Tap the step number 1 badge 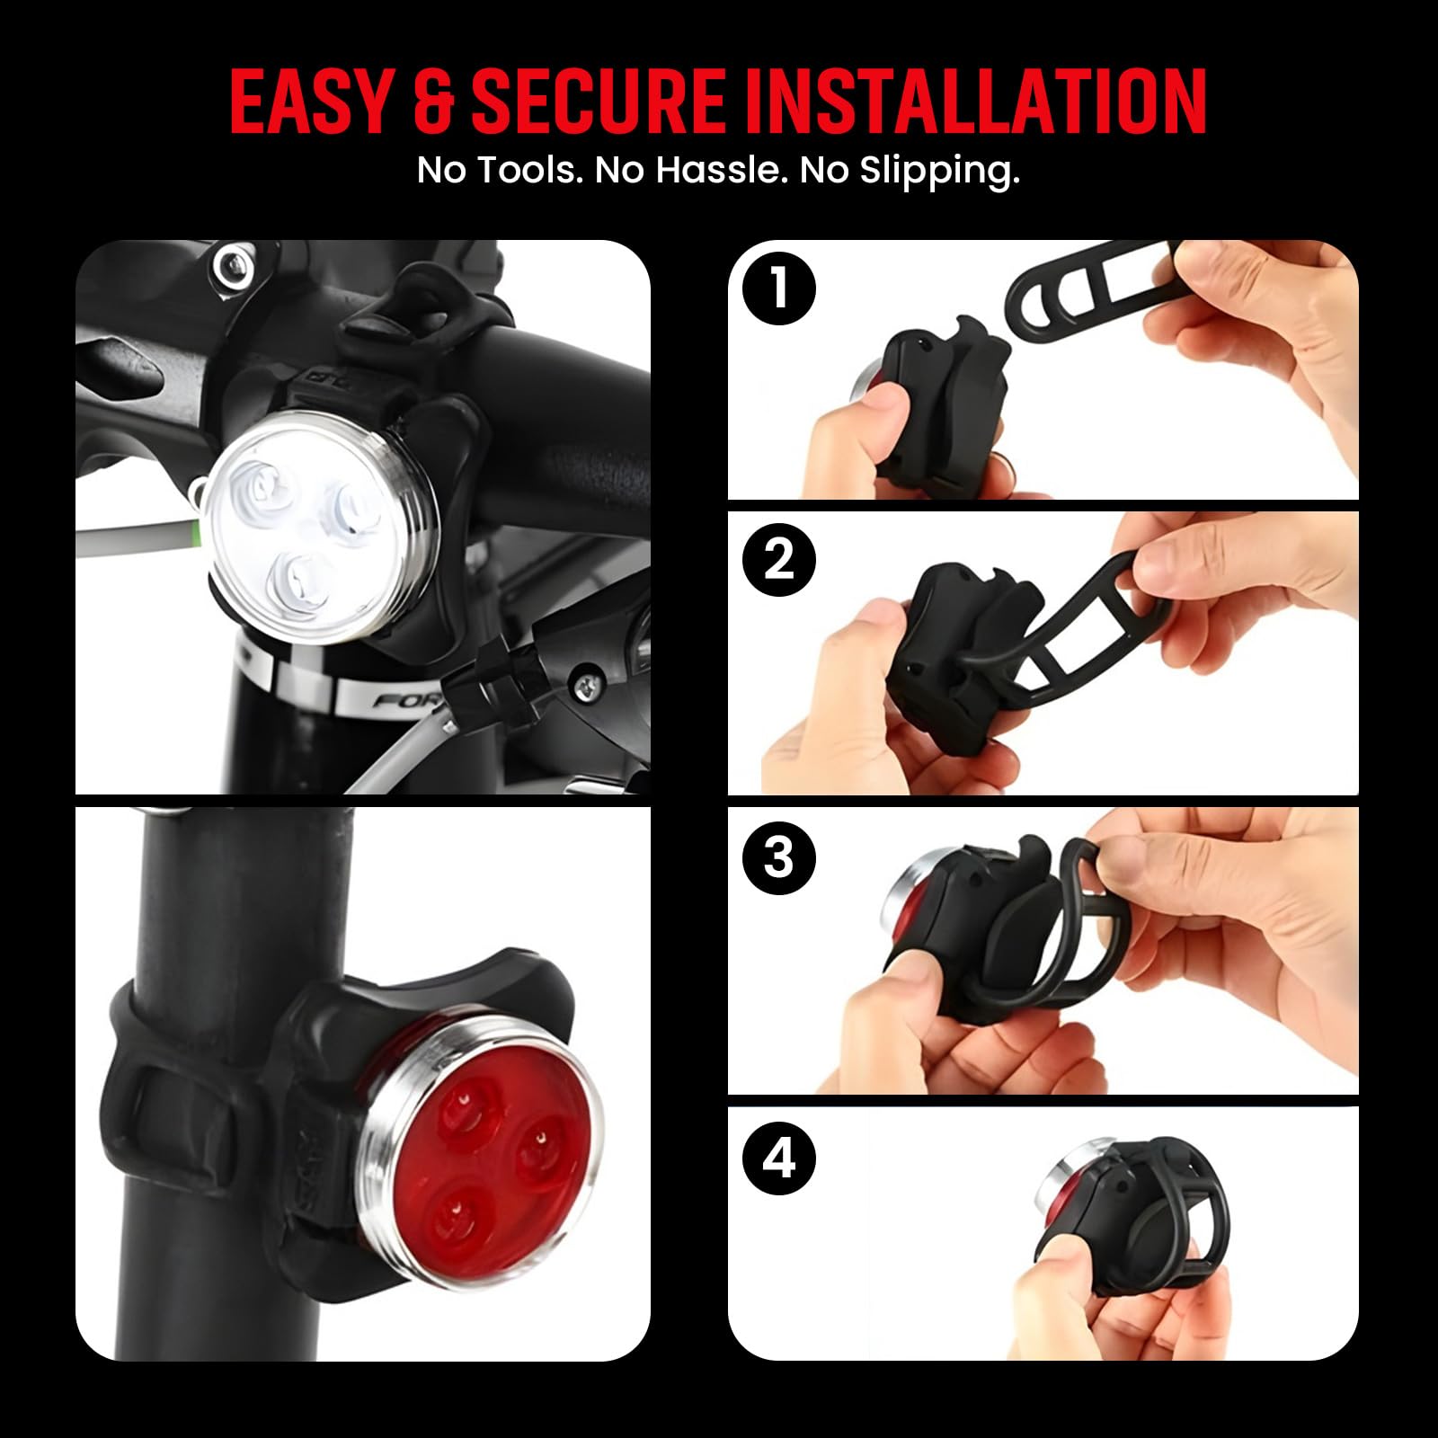pos(779,289)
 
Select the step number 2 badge pos(779,560)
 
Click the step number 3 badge pos(779,857)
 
